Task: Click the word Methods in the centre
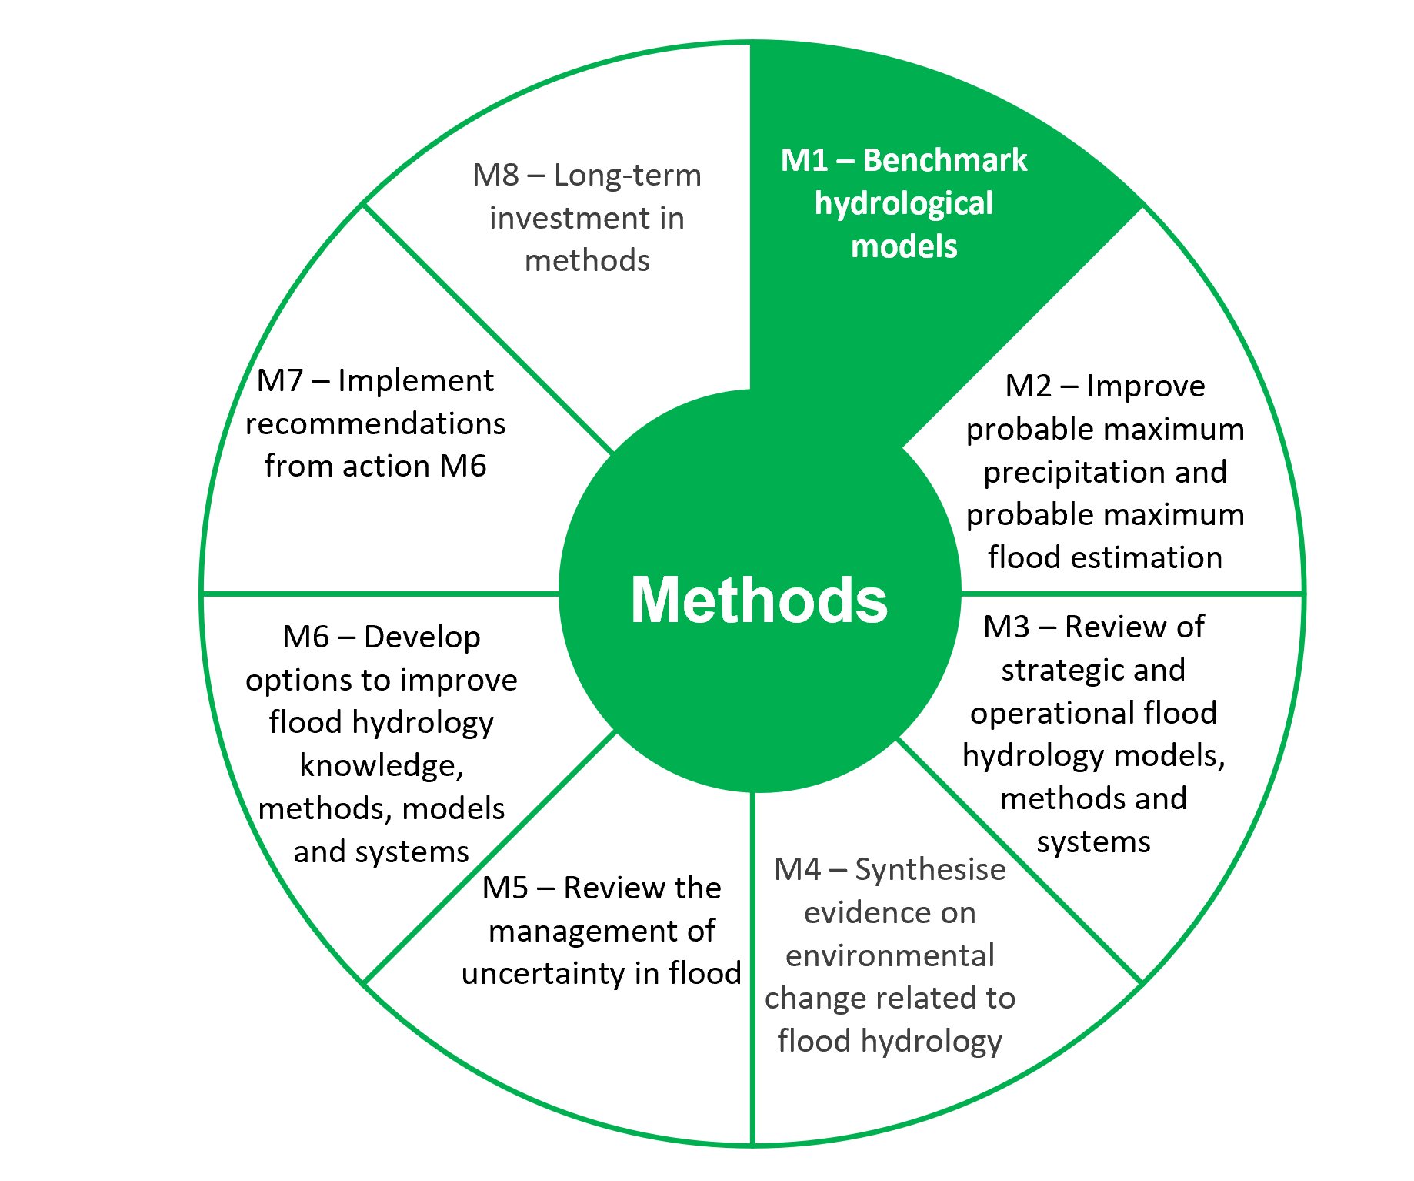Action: tap(759, 600)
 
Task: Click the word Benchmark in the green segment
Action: tap(945, 160)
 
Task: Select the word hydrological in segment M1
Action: tap(904, 203)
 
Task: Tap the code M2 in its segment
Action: tap(1028, 386)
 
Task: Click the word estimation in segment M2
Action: tap(1152, 557)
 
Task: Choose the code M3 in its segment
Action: tap(1005, 627)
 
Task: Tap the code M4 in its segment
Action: tap(798, 869)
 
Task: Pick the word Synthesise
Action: tap(930, 869)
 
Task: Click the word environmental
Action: tap(890, 955)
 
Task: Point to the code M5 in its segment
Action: tap(505, 888)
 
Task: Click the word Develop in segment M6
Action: tap(422, 637)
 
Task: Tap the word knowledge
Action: tap(381, 765)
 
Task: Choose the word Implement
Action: tap(415, 380)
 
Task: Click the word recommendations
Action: tap(375, 423)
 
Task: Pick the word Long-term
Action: tap(627, 176)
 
